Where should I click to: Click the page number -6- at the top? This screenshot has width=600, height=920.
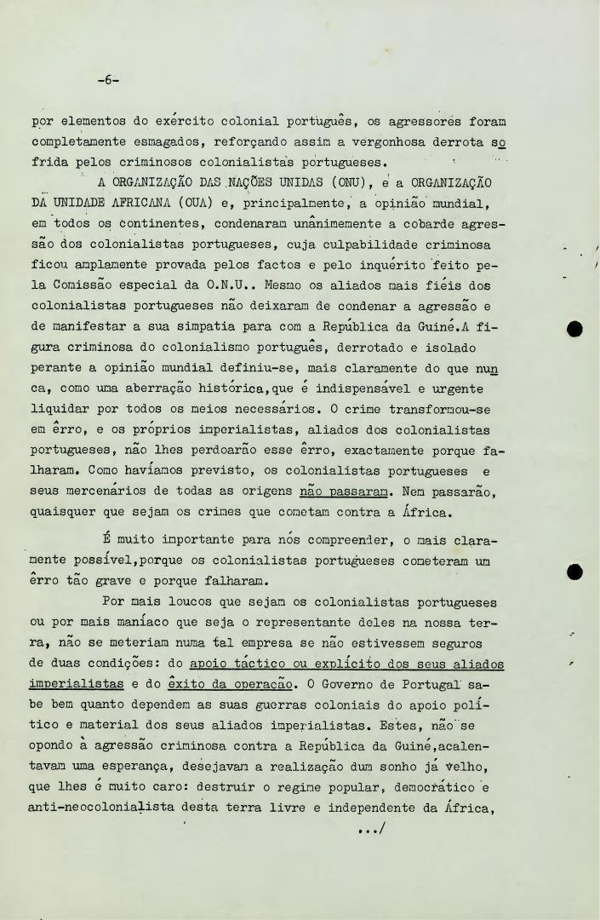click(108, 81)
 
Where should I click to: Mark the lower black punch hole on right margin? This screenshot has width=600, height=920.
click(574, 572)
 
